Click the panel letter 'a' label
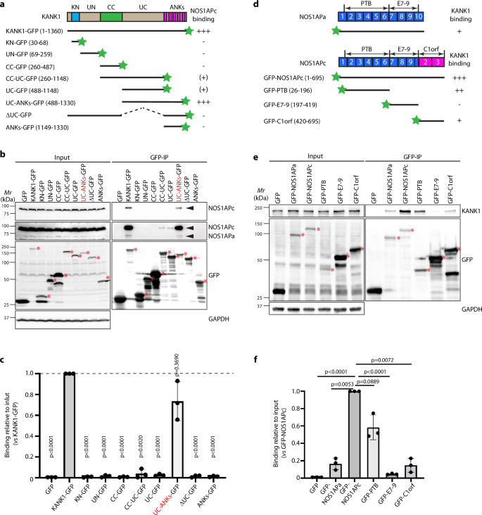(x=5, y=6)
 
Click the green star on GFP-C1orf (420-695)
(x=417, y=121)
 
